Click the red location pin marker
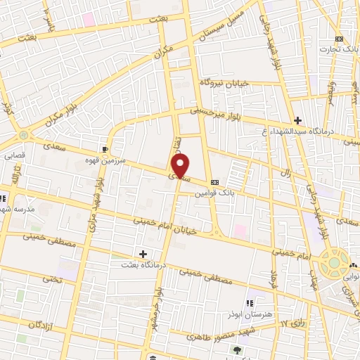click(181, 167)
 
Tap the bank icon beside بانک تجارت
click(340, 39)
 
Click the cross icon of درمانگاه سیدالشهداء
click(298, 120)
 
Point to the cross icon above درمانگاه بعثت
click(143, 253)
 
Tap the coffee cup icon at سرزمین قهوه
click(105, 149)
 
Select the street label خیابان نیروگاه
click(224, 82)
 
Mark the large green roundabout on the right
click(335, 264)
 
